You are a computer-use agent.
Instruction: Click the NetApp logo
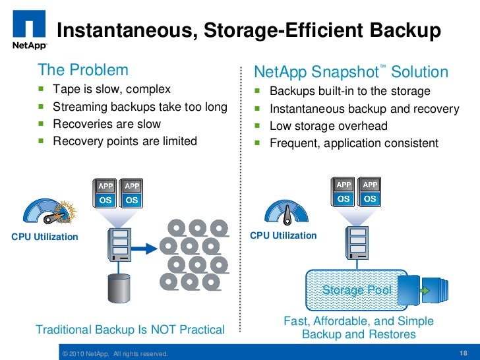(28, 33)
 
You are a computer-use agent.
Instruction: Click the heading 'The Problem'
(83, 70)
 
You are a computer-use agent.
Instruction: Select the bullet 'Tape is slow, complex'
(111, 89)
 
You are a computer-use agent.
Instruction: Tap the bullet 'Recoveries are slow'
(106, 123)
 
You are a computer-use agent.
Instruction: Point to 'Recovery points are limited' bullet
(125, 140)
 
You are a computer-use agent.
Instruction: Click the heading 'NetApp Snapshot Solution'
(351, 72)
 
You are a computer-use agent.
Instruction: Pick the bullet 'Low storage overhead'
(328, 126)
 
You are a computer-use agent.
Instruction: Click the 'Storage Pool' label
(357, 290)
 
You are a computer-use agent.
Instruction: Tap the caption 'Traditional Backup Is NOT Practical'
(130, 329)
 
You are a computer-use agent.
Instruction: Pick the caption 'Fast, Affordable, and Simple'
(358, 321)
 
